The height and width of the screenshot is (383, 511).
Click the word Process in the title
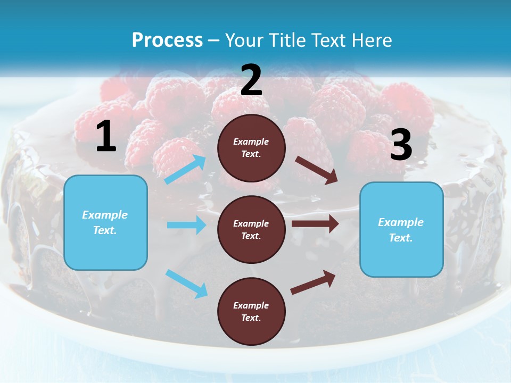[167, 40]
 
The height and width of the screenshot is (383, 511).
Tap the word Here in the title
[369, 40]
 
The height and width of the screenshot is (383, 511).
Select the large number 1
[106, 137]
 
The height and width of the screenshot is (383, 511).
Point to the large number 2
[251, 80]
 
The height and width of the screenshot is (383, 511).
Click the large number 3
[401, 145]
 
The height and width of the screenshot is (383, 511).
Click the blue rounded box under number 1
[105, 222]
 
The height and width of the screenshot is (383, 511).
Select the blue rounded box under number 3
[401, 229]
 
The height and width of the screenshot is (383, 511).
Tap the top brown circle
[251, 148]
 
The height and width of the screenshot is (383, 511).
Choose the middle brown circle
[251, 229]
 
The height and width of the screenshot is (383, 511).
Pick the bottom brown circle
[251, 311]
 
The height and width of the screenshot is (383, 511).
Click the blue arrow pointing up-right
[185, 170]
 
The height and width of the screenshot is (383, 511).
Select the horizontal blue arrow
[186, 225]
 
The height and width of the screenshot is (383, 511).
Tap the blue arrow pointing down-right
[186, 283]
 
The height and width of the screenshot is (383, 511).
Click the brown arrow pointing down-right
[317, 170]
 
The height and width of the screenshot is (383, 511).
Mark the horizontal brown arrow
[315, 224]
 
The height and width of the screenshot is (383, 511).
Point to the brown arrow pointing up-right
[314, 282]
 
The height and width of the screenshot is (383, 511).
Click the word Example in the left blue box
[105, 215]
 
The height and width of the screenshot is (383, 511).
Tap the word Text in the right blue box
[400, 238]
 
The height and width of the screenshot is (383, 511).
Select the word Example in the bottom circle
[251, 305]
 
